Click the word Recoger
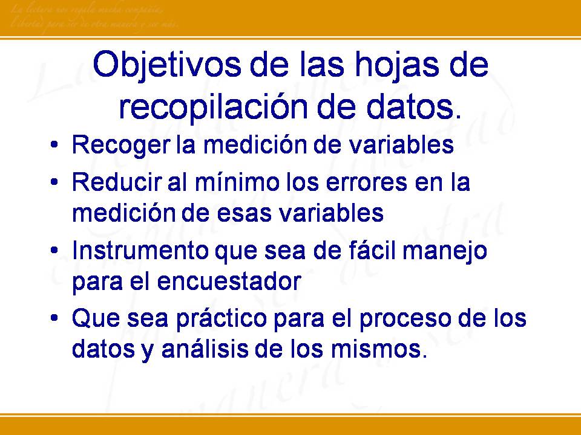pyautogui.click(x=113, y=146)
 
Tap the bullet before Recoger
pyautogui.click(x=55, y=146)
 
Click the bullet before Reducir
pyautogui.click(x=55, y=183)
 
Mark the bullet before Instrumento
pyautogui.click(x=55, y=251)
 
